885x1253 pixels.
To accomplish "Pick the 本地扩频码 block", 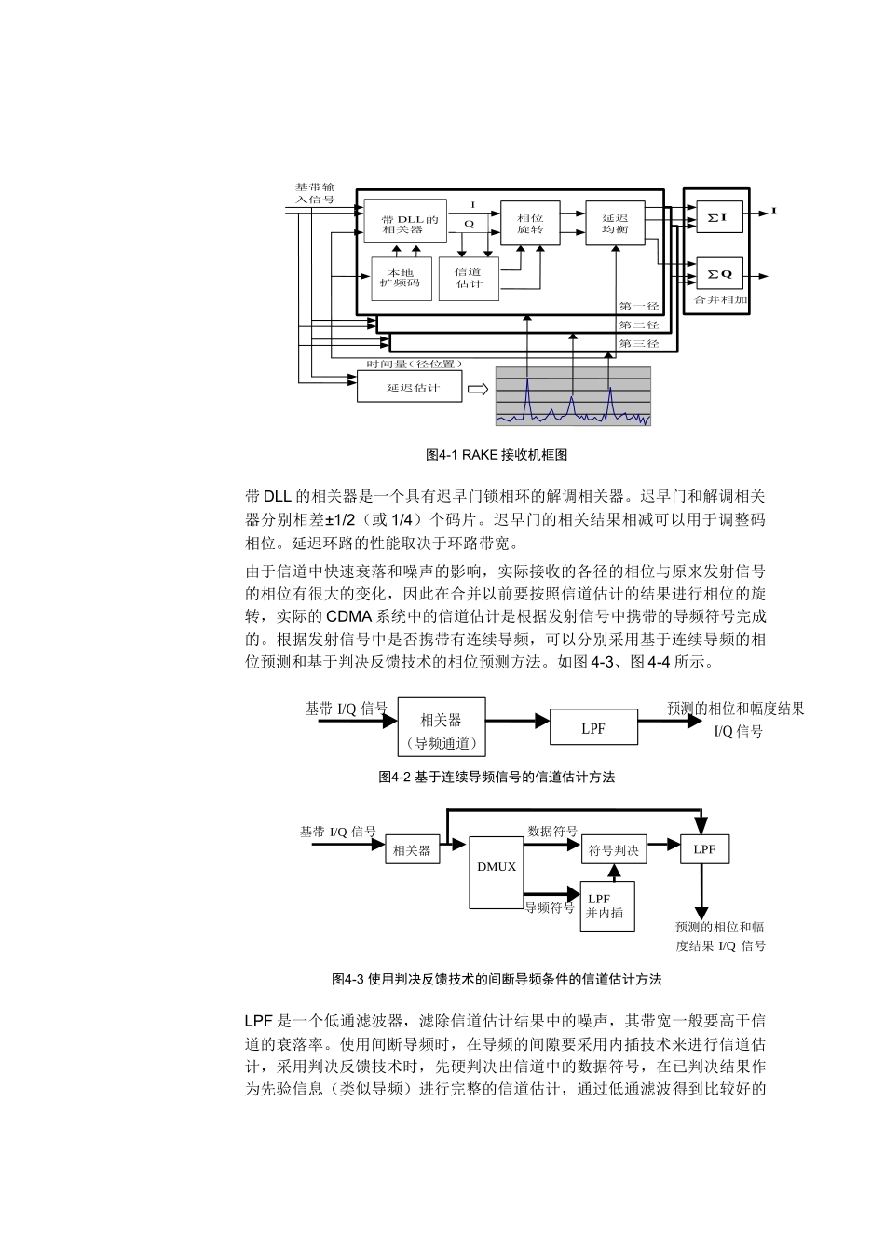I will pos(402,278).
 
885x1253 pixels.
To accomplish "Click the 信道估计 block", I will pos(469,278).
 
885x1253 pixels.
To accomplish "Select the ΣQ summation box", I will pos(718,275).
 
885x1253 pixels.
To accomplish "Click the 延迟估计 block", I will pos(410,387).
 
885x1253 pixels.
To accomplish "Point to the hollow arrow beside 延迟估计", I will pos(478,388).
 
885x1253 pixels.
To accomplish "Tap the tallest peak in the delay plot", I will pos(527,382).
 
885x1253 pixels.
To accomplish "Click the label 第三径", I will pos(638,344).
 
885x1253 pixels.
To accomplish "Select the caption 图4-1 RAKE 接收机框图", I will pos(496,455).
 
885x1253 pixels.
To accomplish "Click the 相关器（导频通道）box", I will pos(441,727).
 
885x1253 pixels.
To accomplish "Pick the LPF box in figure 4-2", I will pos(593,728).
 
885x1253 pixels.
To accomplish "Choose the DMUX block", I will pos(497,866).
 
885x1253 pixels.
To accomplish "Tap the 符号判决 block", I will pos(614,849).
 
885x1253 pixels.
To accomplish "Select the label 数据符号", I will pos(552,832).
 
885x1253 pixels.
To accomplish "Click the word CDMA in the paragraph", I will pos(349,616).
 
